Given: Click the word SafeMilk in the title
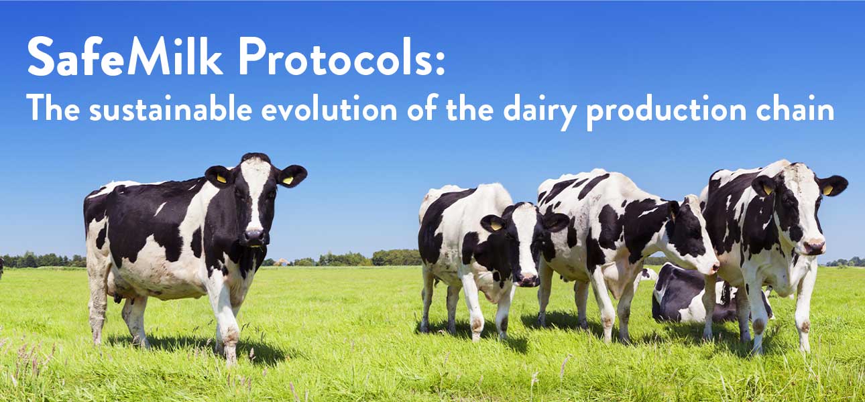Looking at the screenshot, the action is pos(125,56).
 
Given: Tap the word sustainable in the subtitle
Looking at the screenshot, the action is pos(170,109).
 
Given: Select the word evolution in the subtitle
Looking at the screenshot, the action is pos(329,109).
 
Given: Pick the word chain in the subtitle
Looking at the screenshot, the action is pos(795,109).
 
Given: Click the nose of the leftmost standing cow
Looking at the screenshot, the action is pos(253,236).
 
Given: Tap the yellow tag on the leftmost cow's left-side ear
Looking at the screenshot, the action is pos(221,179).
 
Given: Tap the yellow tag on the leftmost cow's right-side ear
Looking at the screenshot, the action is pos(288,180).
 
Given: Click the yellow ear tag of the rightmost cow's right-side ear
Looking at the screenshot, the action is pos(827,190).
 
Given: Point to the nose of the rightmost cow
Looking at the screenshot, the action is pos(814,246).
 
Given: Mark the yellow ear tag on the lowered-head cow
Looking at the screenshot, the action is pos(496,226).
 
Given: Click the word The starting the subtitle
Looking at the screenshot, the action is pos(53,109).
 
